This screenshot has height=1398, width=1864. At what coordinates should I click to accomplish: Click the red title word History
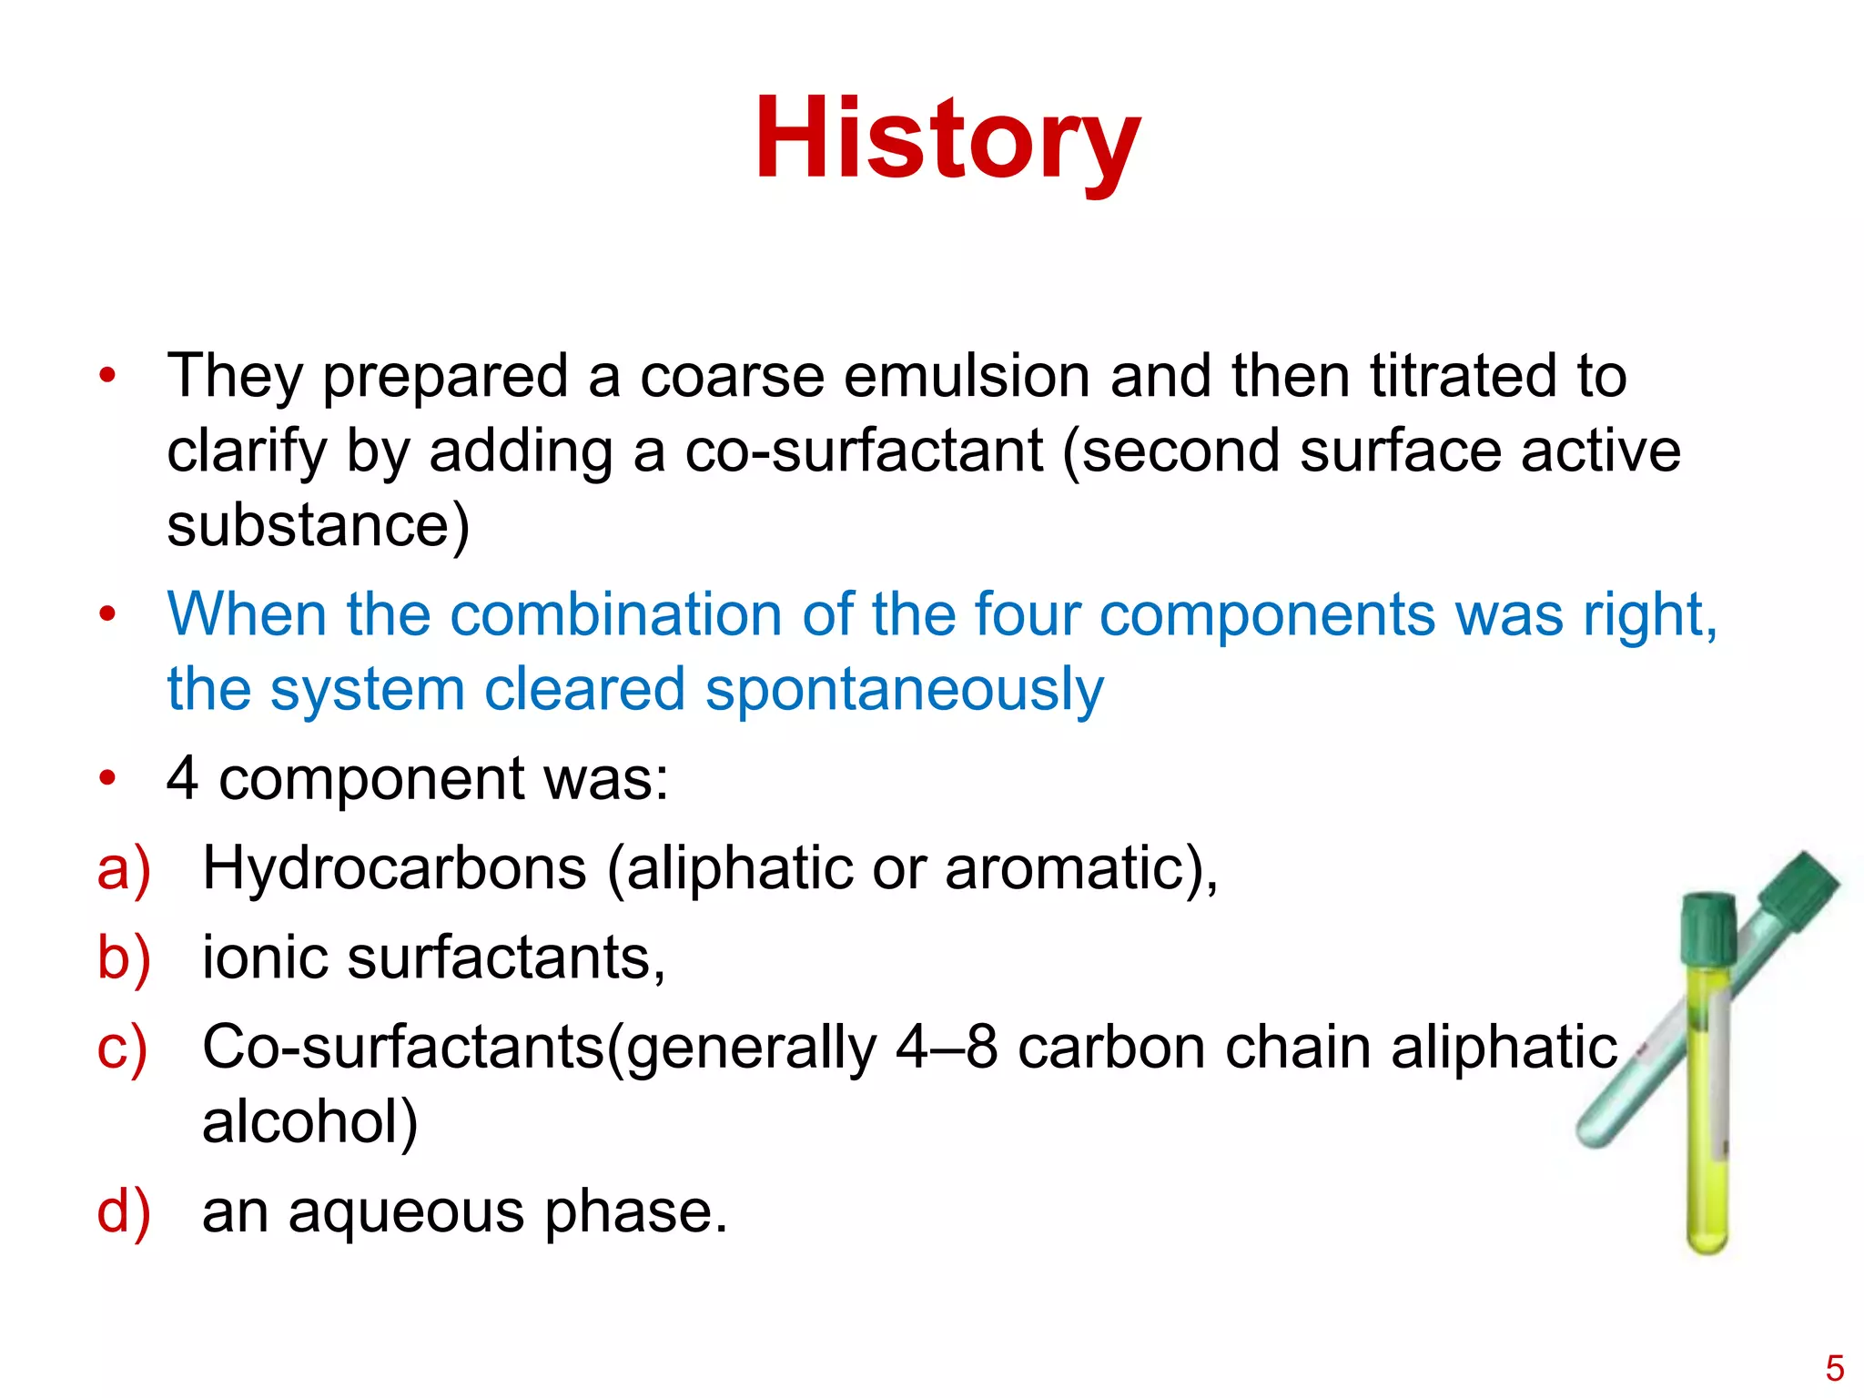pyautogui.click(x=947, y=141)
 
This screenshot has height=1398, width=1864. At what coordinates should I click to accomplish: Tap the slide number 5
pyautogui.click(x=1834, y=1368)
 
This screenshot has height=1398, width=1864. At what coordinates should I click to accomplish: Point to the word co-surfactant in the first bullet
pyautogui.click(x=863, y=451)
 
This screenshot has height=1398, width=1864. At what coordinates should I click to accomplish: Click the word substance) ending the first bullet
pyautogui.click(x=318, y=526)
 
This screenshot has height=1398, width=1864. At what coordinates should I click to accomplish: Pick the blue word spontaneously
pyautogui.click(x=904, y=690)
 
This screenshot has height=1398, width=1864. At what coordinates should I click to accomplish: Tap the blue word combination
pyautogui.click(x=614, y=614)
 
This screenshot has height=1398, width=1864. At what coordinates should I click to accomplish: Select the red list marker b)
pyautogui.click(x=124, y=958)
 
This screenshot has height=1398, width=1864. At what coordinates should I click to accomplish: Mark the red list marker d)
pyautogui.click(x=124, y=1212)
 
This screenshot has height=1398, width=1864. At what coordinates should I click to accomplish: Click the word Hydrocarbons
pyautogui.click(x=394, y=867)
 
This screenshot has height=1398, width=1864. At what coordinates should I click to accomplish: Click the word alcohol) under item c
pyautogui.click(x=309, y=1121)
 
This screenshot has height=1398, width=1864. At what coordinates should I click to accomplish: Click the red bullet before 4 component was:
pyautogui.click(x=108, y=779)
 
